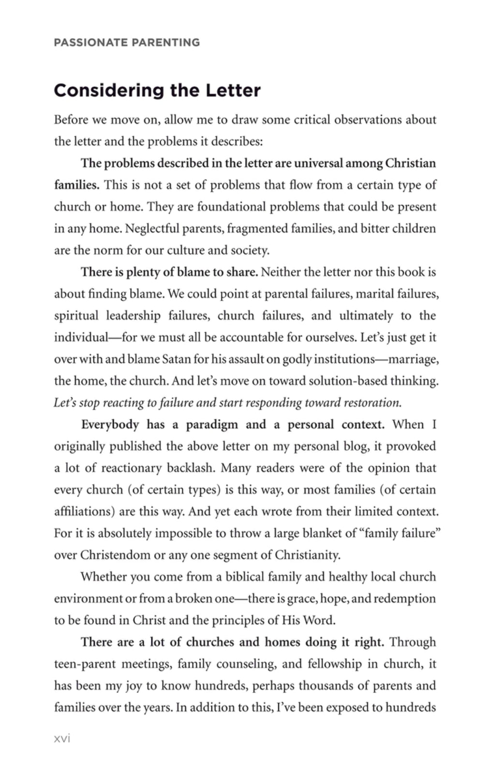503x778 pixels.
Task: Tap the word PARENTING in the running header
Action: (165, 43)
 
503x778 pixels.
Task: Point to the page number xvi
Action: (62, 738)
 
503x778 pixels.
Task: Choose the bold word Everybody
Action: (110, 424)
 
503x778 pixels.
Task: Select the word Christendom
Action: (115, 555)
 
